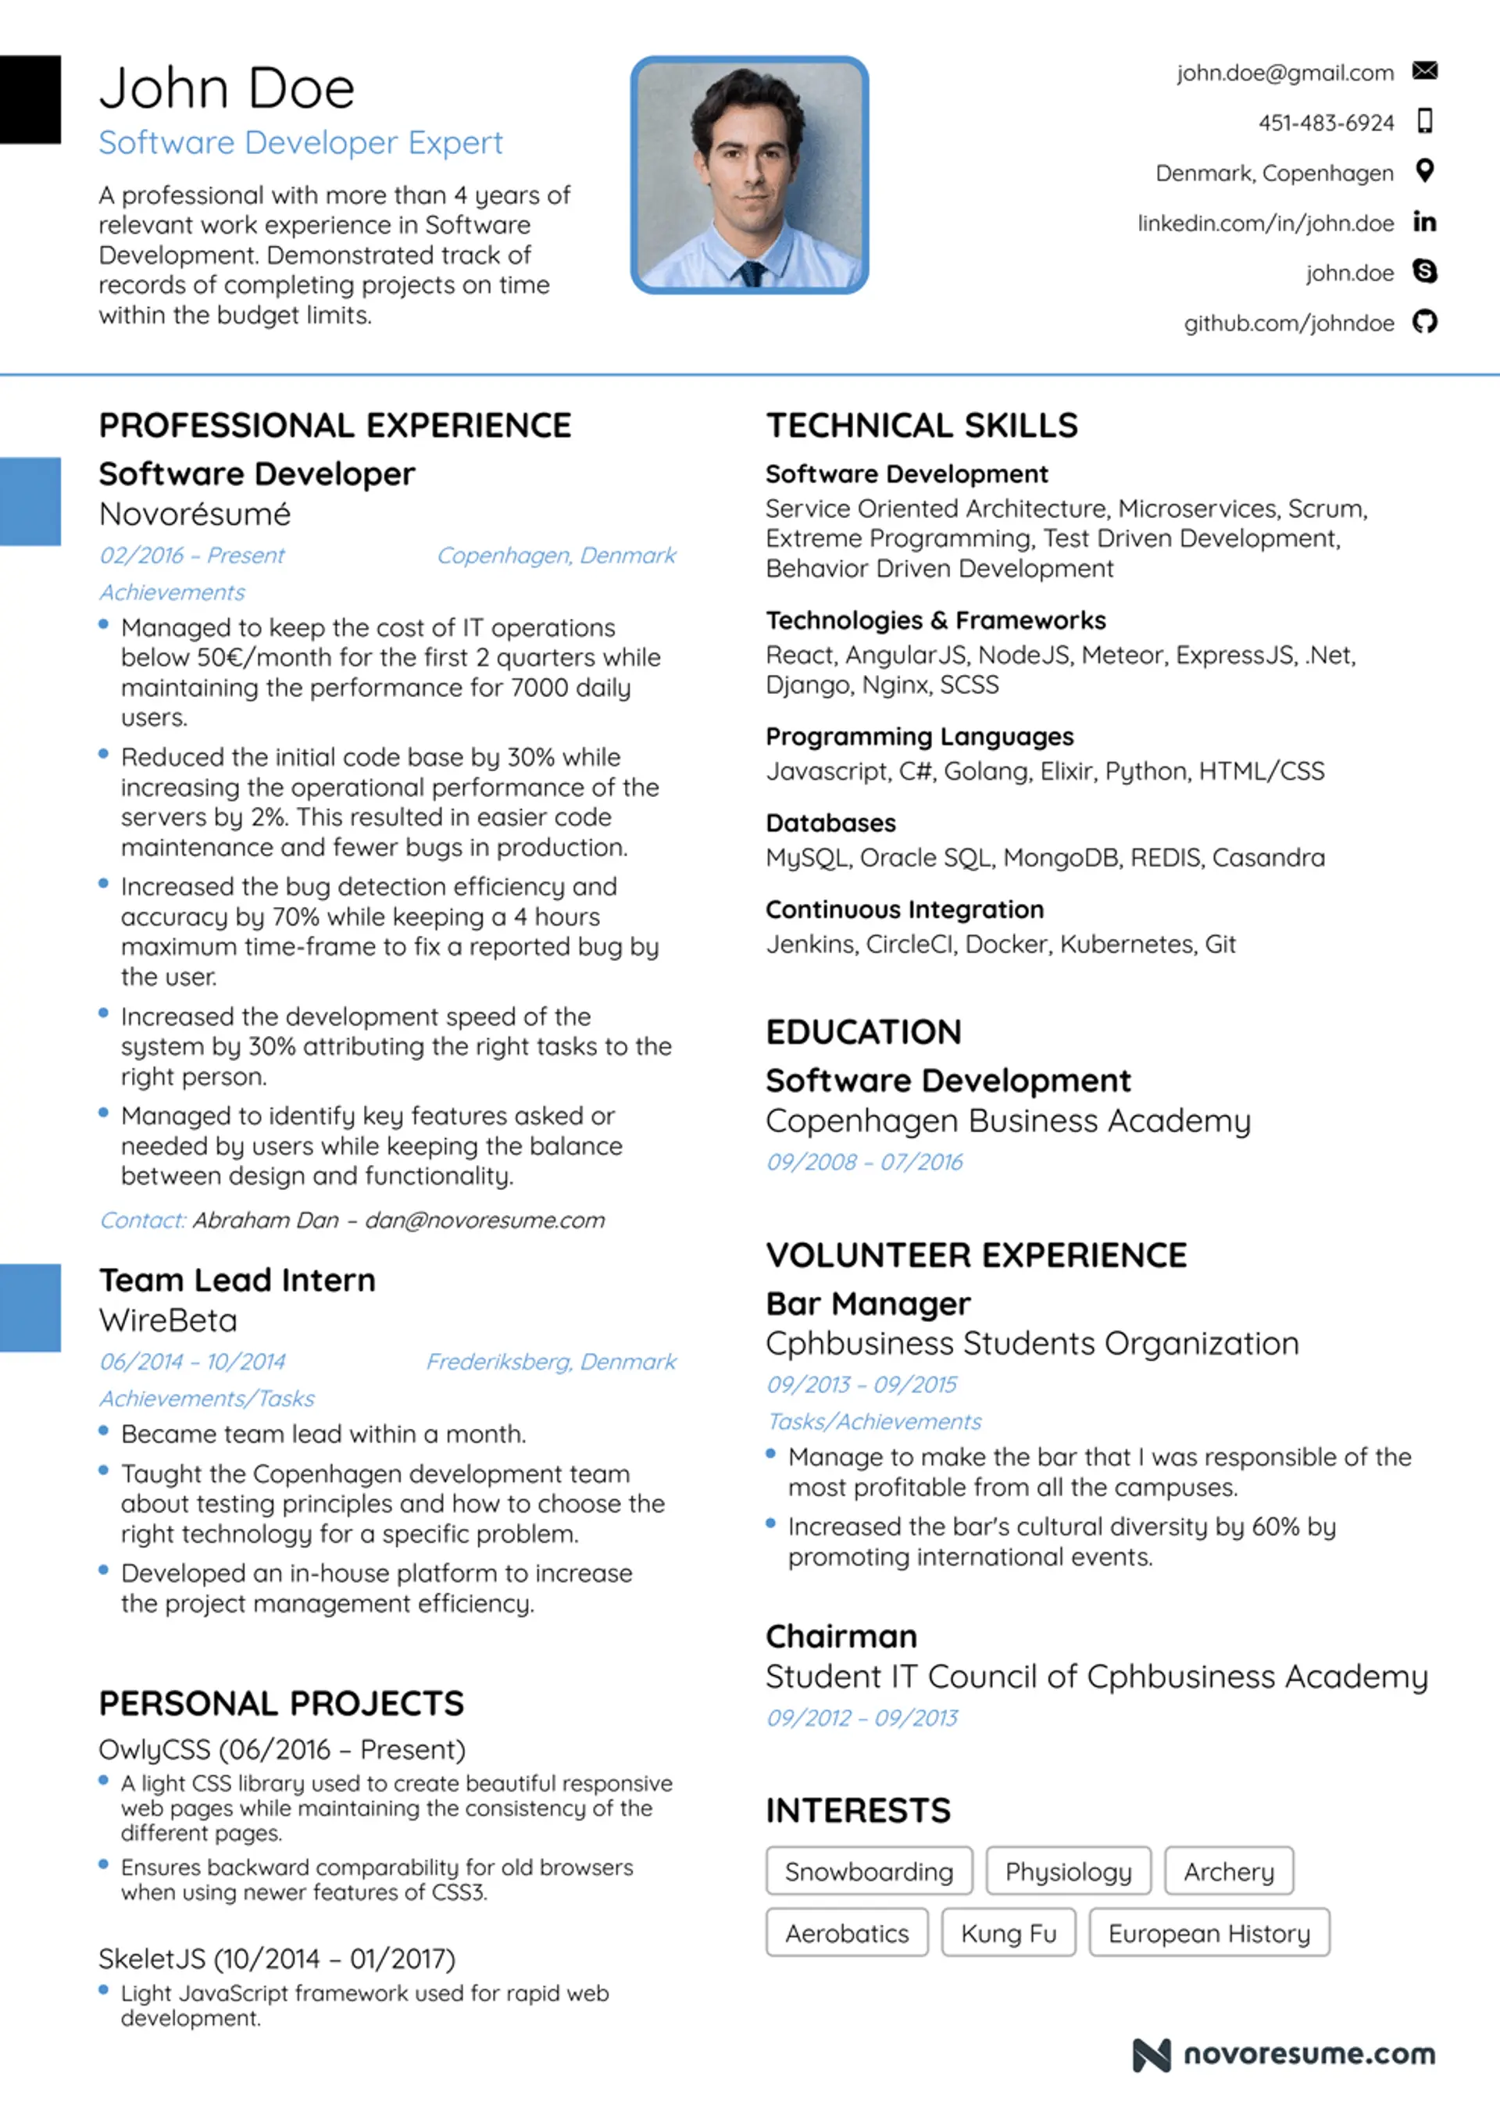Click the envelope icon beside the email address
[1424, 71]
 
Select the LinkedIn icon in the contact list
[1424, 222]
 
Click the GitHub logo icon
[1424, 322]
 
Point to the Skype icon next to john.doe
[1424, 271]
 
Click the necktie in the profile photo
[752, 273]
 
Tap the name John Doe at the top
[227, 90]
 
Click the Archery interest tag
[1228, 1871]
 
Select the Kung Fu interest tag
[1009, 1934]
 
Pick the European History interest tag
[1209, 1934]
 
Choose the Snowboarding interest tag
[869, 1871]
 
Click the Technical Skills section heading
[921, 425]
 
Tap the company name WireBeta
[168, 1320]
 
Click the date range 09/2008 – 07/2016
[864, 1162]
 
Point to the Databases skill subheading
[830, 823]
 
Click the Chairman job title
[841, 1636]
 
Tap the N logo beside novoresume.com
[1152, 2055]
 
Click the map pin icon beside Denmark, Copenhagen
[1424, 171]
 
